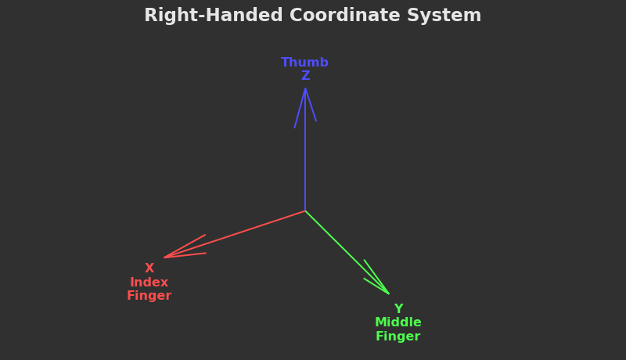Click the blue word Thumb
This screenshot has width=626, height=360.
[x=304, y=63]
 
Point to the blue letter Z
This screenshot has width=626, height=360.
[x=305, y=76]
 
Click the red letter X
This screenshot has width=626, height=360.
[x=149, y=268]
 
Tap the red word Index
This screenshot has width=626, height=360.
[x=149, y=283]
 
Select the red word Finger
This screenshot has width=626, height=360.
[x=149, y=296]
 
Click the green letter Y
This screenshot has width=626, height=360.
[x=398, y=309]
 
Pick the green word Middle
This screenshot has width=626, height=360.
[x=398, y=322]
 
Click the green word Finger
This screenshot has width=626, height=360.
[x=398, y=337]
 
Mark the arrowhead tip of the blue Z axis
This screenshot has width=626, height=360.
[x=305, y=88]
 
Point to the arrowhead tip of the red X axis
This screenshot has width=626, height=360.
[x=164, y=257]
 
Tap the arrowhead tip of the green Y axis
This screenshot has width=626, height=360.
[x=389, y=293]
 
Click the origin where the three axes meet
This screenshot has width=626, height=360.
[x=305, y=211]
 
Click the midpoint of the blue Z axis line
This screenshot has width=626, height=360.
[x=305, y=149]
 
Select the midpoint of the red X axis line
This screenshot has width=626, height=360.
[x=235, y=234]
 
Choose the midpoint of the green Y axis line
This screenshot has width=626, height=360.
[x=347, y=252]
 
